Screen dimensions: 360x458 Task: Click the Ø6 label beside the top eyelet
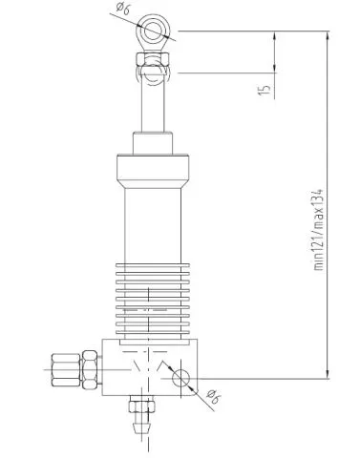coord(123,8)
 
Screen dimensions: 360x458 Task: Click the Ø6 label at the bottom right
coord(213,397)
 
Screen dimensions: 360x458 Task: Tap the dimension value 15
coord(264,90)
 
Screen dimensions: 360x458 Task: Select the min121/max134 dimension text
coord(318,230)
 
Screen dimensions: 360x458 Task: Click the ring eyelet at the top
coord(153,32)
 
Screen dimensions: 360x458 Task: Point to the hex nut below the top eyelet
coord(153,59)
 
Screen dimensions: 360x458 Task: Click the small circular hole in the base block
coord(180,379)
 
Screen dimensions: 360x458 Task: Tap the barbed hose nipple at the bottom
coord(141,423)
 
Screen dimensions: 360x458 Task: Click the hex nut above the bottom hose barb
coord(141,406)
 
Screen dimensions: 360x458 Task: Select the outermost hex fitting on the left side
coord(66,369)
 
